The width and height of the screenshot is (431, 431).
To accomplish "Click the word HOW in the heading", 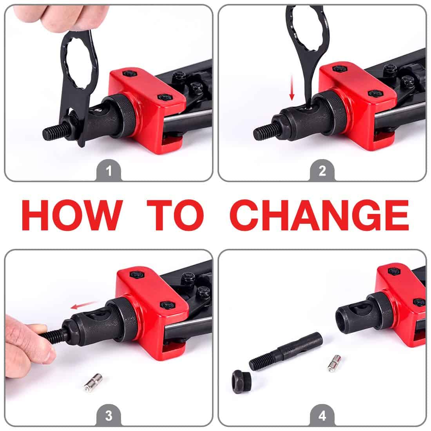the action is tap(72, 215).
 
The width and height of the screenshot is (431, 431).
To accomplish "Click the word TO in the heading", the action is tap(176, 215).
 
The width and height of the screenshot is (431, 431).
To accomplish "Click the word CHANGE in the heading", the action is tap(319, 215).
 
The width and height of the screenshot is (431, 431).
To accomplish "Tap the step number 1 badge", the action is tap(109, 171).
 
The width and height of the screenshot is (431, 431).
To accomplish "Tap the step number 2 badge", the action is tap(322, 171).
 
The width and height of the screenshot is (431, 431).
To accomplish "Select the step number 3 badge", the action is tap(109, 416).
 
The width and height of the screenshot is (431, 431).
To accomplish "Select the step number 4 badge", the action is tap(322, 416).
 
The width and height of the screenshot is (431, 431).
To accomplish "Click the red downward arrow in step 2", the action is tap(292, 88).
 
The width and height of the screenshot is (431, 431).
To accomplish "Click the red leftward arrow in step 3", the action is tap(84, 305).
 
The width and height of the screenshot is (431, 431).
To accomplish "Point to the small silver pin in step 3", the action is tap(93, 382).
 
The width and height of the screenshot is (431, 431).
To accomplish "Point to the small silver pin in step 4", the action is tap(334, 363).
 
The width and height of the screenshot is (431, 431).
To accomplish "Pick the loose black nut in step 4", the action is tap(241, 382).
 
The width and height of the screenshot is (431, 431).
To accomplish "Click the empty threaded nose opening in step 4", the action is tap(343, 320).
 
